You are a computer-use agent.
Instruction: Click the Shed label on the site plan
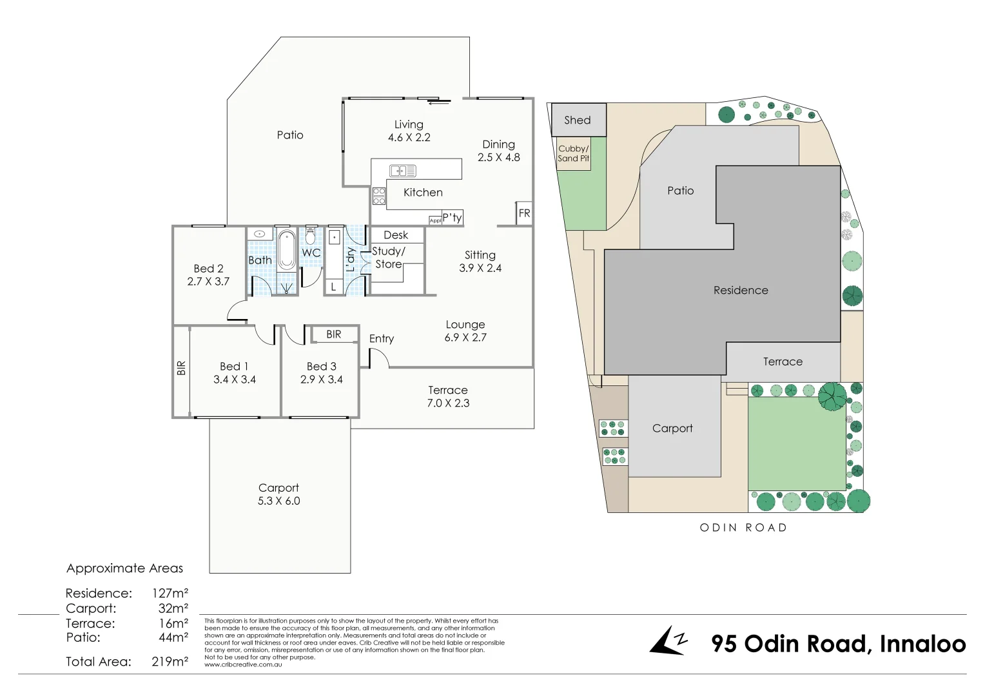tap(578, 120)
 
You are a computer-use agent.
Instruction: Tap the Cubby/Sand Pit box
tap(573, 153)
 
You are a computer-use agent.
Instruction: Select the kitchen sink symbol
tap(403, 171)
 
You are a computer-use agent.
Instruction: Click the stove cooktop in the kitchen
tap(379, 196)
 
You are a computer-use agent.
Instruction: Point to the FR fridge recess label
tap(524, 213)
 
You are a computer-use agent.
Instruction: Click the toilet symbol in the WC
tap(311, 237)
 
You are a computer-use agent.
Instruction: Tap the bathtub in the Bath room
tap(287, 251)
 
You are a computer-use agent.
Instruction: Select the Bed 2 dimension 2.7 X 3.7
tap(208, 282)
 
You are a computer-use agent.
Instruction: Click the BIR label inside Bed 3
tap(333, 334)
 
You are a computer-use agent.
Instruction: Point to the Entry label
tap(382, 339)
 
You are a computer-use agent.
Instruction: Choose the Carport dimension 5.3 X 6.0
tap(278, 501)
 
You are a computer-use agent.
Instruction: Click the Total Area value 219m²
tap(170, 662)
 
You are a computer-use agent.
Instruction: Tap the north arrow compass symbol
tap(668, 641)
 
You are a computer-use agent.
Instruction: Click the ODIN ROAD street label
tap(743, 528)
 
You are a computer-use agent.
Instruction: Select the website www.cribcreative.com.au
tap(243, 664)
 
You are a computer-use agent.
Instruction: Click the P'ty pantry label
tap(452, 218)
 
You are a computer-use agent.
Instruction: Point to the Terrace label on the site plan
tap(783, 362)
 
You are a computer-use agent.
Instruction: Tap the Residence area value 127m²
tap(170, 594)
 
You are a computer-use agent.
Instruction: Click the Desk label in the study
tap(396, 235)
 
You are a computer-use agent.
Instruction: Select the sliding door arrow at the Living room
tap(439, 102)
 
